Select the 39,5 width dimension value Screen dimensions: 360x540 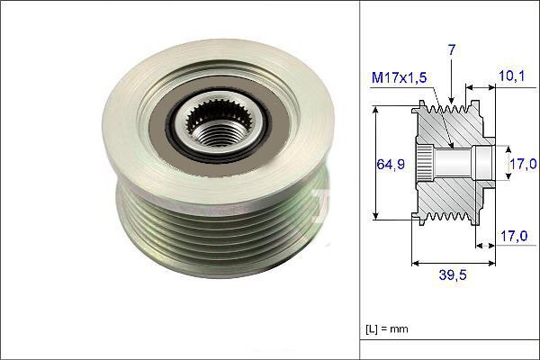452,273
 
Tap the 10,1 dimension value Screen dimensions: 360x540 510,78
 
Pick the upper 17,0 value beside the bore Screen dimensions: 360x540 524,164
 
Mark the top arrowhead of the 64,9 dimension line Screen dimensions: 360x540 374,108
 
